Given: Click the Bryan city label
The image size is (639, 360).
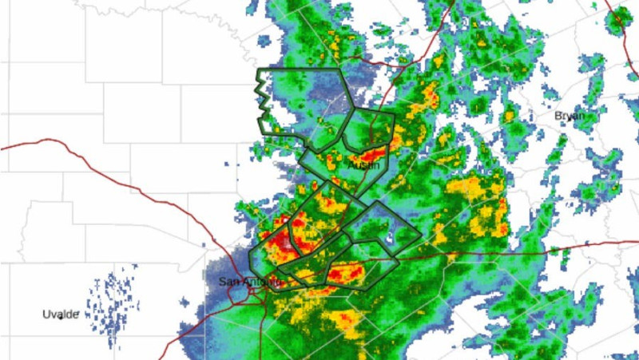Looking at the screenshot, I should click(x=570, y=116).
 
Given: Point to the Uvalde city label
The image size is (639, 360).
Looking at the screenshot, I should click(x=60, y=315).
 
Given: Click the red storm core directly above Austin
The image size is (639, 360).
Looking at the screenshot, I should click(x=372, y=153).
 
